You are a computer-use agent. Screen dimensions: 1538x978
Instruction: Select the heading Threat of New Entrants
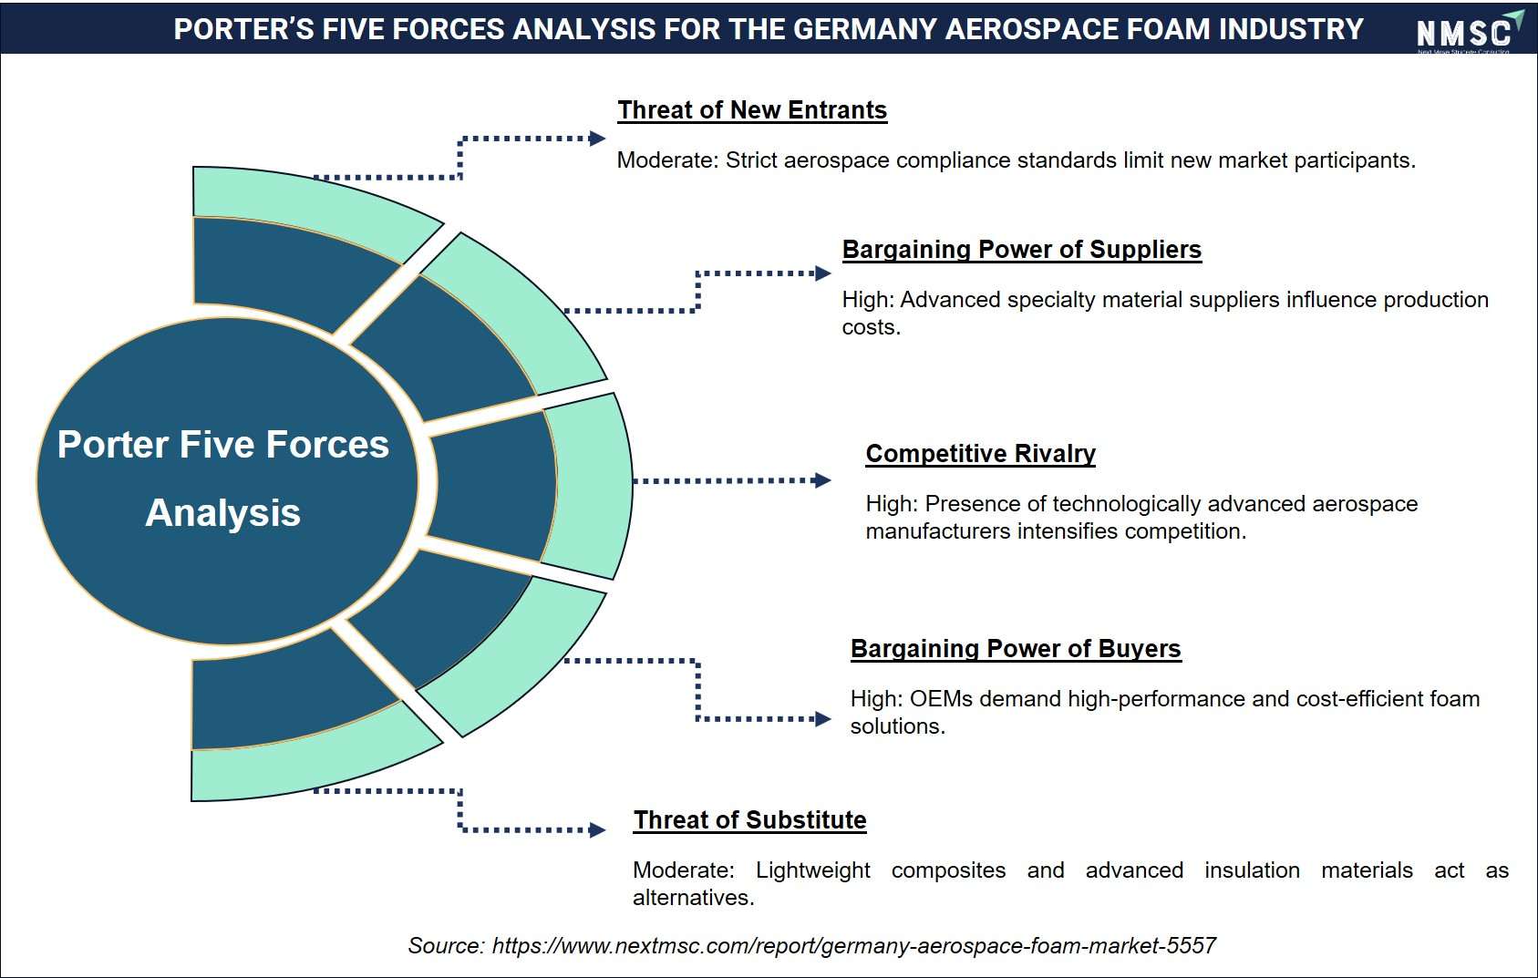click(752, 109)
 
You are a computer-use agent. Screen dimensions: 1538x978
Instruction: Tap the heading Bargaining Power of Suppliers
click(1022, 249)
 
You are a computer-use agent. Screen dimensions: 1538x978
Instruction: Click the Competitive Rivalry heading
click(980, 454)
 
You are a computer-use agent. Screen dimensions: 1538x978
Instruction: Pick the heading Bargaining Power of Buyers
click(1016, 649)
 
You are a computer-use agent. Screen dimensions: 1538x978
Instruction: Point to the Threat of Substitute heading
click(749, 819)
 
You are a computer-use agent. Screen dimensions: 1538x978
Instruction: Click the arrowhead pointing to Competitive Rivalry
click(821, 480)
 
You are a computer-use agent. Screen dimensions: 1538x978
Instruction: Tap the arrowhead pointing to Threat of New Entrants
click(596, 139)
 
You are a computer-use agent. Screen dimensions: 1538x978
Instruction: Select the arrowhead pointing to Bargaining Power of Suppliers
click(822, 273)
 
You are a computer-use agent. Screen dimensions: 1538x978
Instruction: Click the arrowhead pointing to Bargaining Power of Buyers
click(822, 719)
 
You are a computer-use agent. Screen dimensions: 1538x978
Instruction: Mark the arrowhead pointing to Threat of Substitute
click(596, 830)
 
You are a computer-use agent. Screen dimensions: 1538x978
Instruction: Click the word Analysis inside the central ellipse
click(222, 512)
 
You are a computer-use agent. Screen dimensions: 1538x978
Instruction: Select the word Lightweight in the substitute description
click(813, 870)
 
